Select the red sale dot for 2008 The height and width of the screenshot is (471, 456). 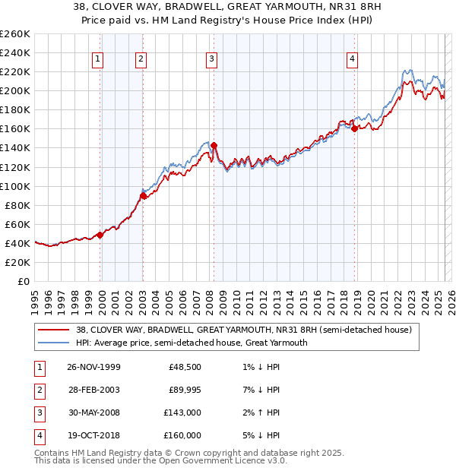[x=214, y=145]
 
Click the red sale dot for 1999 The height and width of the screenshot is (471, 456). [x=100, y=235]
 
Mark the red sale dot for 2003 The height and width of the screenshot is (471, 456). [x=143, y=195]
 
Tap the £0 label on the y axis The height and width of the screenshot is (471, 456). [x=23, y=282]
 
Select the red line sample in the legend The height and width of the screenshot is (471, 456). [x=54, y=330]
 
